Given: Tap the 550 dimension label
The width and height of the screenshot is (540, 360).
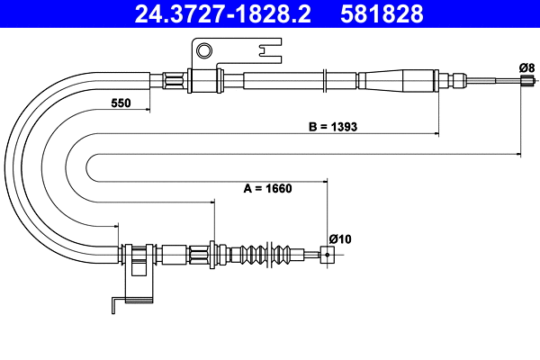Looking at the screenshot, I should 121,103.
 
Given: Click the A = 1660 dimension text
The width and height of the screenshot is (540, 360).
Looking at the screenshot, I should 270,189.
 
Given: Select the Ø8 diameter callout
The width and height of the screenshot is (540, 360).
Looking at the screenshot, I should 526,67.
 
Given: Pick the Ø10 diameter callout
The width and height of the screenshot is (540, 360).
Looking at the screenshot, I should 339,238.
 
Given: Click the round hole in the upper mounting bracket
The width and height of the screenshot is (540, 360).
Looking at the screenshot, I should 205,49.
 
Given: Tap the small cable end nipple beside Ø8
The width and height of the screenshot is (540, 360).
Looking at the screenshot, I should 525,81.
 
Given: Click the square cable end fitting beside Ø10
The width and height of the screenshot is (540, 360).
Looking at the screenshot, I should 327,255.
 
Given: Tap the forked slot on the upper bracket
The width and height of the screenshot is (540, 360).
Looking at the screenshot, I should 267,51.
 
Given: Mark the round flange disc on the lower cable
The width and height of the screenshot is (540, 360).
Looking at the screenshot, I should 212,254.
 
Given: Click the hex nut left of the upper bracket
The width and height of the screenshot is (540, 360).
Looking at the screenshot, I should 174,81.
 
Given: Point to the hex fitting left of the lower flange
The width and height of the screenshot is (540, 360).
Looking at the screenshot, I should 198,254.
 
